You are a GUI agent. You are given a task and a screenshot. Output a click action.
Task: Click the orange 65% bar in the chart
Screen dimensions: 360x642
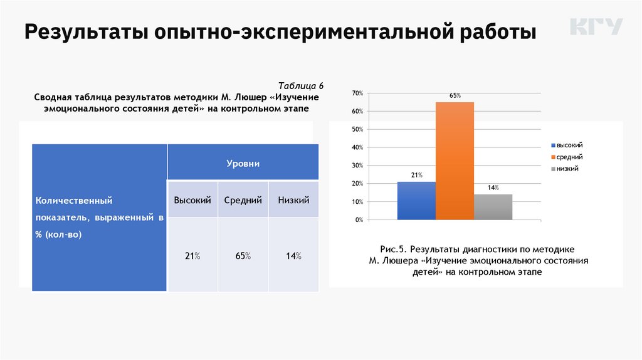tap(455, 161)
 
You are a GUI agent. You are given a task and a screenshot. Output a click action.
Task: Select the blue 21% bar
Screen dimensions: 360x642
tap(416, 201)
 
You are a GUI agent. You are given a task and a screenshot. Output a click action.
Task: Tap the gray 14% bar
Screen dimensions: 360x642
tap(493, 207)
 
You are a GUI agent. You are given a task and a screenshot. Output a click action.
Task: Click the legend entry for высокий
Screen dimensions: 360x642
tap(570, 145)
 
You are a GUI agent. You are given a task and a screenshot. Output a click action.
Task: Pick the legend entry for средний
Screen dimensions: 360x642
tap(569, 157)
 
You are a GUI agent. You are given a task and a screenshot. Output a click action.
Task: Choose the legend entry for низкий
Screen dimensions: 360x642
tap(567, 169)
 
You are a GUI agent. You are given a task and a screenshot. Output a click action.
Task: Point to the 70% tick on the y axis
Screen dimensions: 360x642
tap(357, 93)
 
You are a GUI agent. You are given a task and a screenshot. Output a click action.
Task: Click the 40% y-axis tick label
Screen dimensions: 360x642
tap(357, 148)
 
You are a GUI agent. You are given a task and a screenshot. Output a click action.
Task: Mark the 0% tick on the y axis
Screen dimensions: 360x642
tap(359, 220)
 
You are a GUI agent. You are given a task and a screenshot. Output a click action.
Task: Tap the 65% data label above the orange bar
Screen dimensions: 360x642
tap(455, 96)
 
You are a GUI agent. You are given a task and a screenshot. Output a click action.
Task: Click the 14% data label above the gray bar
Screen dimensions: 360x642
tap(493, 188)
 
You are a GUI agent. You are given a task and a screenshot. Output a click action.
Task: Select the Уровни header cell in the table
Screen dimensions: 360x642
tap(243, 163)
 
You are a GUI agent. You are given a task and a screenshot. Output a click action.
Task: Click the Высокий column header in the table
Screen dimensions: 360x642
tap(192, 200)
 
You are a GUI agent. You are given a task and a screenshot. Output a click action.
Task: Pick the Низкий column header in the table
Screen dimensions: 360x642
tap(293, 200)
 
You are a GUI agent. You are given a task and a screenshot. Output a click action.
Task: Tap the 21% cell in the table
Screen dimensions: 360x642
tap(192, 256)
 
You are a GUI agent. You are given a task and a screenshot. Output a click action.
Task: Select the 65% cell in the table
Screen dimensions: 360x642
tap(243, 256)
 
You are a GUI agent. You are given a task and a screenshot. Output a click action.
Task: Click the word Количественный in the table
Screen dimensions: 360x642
tap(74, 201)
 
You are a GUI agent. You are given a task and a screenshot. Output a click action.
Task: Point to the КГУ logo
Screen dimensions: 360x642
tap(596, 27)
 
